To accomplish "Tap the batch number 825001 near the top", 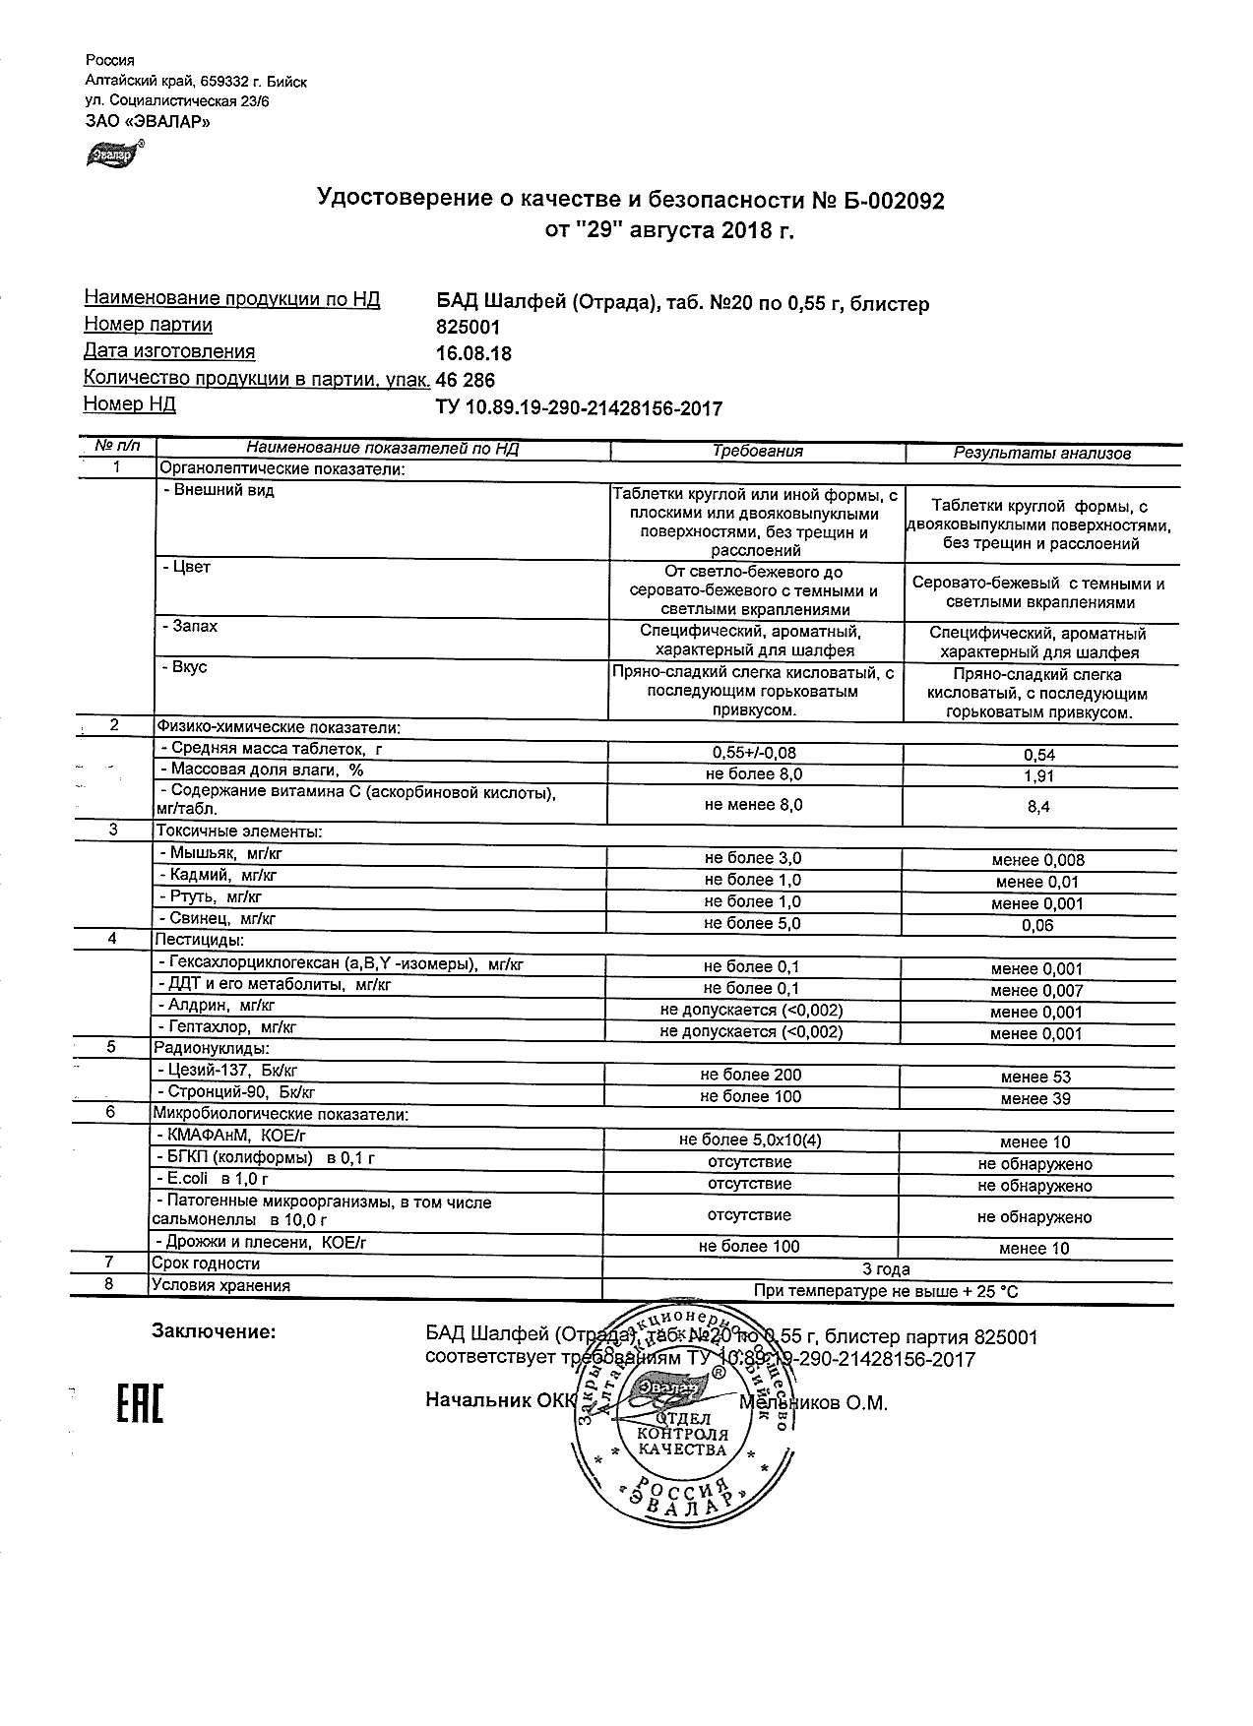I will pyautogui.click(x=468, y=328).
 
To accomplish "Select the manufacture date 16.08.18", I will pyautogui.click(x=473, y=354).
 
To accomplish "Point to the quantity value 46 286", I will pyautogui.click(x=466, y=381).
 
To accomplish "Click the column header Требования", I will pyautogui.click(x=757, y=452).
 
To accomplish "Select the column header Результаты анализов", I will pyautogui.click(x=1041, y=454).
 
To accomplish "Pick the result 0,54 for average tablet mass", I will pyautogui.click(x=1038, y=755).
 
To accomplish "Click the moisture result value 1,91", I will pyautogui.click(x=1038, y=776).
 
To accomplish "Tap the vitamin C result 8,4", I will pyautogui.click(x=1038, y=806).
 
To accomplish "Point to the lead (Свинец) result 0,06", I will pyautogui.click(x=1038, y=925).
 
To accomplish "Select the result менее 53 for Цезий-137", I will pyautogui.click(x=1035, y=1078).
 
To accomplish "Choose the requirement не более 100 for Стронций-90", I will pyautogui.click(x=751, y=1097).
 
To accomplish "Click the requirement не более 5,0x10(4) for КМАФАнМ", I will pyautogui.click(x=751, y=1140).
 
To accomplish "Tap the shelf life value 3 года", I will pyautogui.click(x=886, y=1269).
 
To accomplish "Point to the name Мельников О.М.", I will pyautogui.click(x=814, y=1403).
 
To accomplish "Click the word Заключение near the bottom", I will pyautogui.click(x=214, y=1332).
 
